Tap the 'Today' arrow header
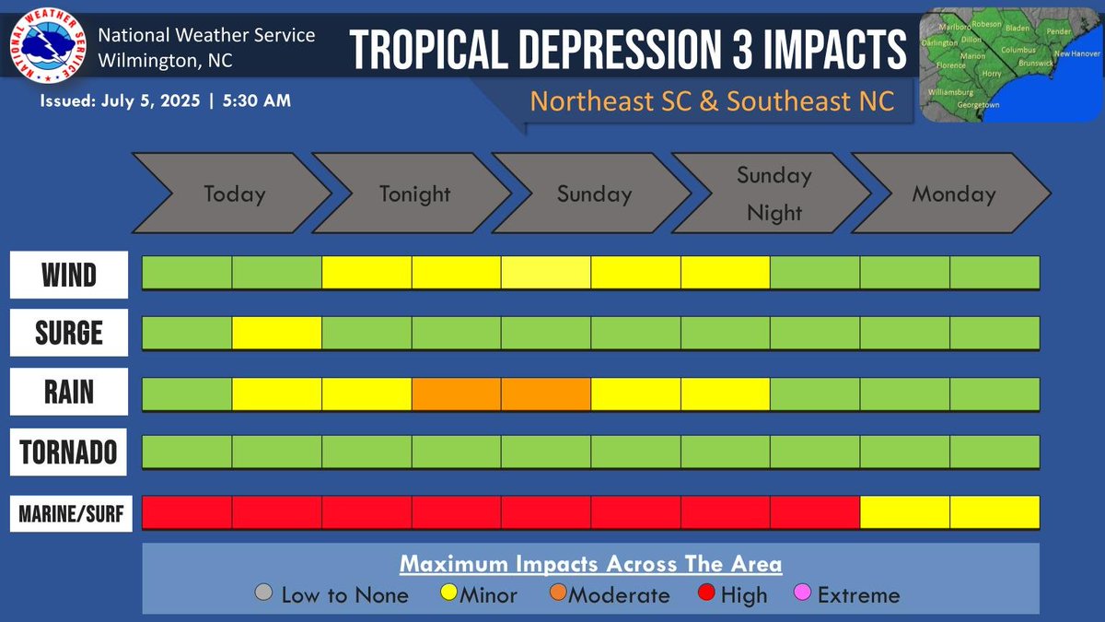coord(234,194)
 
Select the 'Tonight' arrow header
coord(414,194)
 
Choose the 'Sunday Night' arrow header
coord(773,194)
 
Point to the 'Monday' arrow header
coord(953,194)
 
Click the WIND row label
coord(69,275)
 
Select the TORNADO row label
coord(69,452)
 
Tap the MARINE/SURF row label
coord(69,513)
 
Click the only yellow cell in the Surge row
coord(276,333)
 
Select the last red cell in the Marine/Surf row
coord(814,512)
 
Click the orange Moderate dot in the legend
coord(558,594)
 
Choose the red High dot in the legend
coord(710,594)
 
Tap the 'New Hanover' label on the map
coord(1076,54)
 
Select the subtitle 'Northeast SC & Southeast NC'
coord(712,100)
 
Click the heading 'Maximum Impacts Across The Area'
coord(590,564)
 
